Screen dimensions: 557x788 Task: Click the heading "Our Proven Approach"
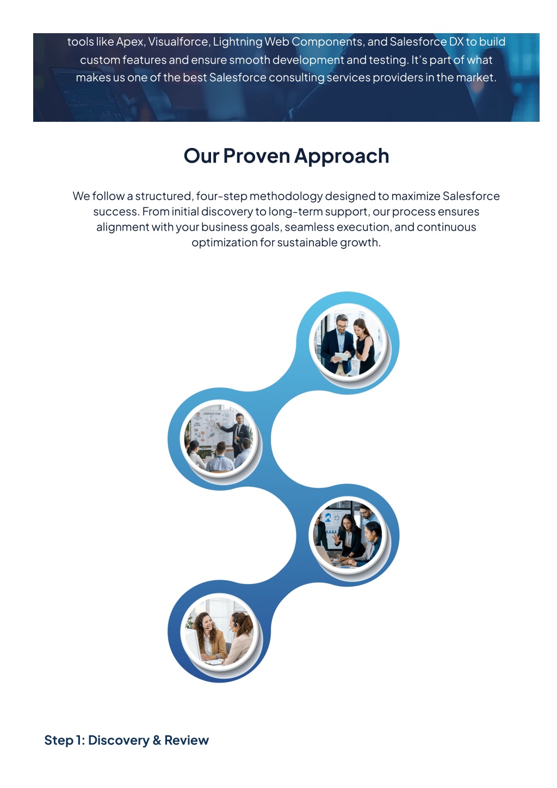286,156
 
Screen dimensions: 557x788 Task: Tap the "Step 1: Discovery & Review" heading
126,740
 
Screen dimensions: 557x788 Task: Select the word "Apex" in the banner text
130,42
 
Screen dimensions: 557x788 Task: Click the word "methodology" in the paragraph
286,196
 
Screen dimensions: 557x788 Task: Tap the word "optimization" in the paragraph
225,243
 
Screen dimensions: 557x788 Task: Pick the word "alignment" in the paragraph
123,227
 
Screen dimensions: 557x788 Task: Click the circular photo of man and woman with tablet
348,341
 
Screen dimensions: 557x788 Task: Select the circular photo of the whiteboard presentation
219,438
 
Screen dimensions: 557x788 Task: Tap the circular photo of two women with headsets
219,631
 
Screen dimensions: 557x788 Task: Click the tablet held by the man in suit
341,356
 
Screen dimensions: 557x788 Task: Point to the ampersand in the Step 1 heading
157,740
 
